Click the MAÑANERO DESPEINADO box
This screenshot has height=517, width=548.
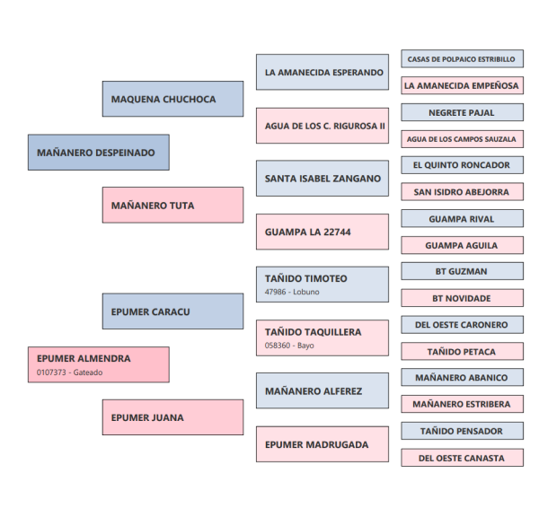click(98, 153)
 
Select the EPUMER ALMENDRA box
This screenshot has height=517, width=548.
click(98, 364)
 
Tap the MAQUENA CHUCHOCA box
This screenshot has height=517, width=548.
click(172, 100)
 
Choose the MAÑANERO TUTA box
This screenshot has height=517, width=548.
click(172, 206)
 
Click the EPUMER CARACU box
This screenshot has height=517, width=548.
click(172, 311)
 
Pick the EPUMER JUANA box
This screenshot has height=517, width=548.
click(172, 417)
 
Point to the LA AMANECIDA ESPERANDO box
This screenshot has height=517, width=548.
click(322, 73)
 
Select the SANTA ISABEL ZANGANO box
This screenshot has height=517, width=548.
click(322, 179)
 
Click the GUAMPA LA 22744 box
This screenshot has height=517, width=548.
click(322, 232)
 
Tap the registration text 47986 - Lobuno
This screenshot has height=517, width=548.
click(292, 292)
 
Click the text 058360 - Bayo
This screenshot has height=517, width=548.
click(289, 345)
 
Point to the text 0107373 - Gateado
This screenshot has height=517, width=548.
click(69, 372)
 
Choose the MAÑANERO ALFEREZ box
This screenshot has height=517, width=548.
click(322, 390)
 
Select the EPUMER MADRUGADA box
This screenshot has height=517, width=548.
click(322, 443)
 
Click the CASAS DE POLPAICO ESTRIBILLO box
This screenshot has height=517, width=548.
click(462, 59)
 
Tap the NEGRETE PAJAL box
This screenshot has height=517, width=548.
click(462, 113)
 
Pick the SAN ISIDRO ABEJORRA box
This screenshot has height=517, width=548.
click(462, 192)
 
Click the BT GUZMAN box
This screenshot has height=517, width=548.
click(462, 271)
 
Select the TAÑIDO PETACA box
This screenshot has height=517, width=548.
click(462, 352)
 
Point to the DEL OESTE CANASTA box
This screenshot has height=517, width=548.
click(462, 458)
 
